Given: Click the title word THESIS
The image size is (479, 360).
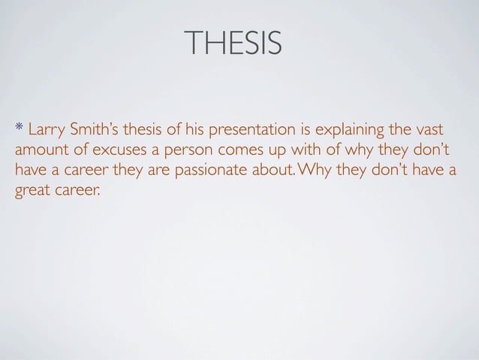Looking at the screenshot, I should point(236,44).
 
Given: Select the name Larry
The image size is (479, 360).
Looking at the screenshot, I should point(44,125).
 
